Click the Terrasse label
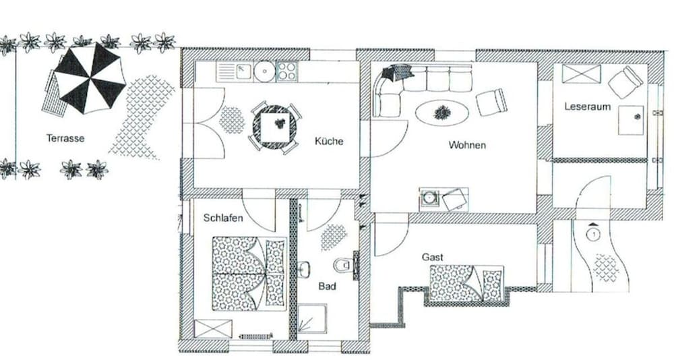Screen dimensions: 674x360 coord(65,138)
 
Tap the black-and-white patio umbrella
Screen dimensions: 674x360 coord(90,79)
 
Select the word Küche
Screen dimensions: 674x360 coord(329,141)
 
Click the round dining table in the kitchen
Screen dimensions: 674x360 coord(274,127)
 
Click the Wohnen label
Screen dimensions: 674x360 coord(467,145)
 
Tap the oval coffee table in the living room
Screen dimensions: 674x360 coord(442,113)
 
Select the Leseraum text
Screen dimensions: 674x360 coord(588,107)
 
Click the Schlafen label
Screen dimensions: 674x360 coord(223,218)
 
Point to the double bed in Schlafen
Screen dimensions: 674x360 coord(249,273)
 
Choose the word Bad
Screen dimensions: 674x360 coord(327,287)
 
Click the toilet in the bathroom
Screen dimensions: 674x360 coord(343,265)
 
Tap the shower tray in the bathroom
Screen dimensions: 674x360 coord(312,319)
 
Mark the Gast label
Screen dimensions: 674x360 coord(433,258)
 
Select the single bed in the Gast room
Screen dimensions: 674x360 coord(467,283)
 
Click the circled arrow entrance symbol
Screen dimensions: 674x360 coord(594,235)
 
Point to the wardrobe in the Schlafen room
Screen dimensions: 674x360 coord(213,328)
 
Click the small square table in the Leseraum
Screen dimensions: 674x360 coord(631,120)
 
